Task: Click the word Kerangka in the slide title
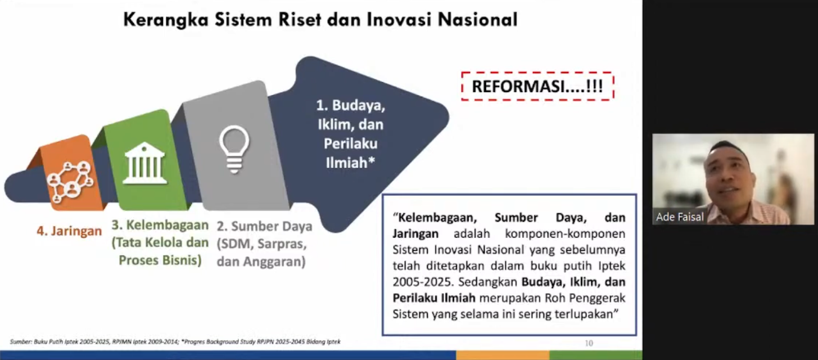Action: [x=166, y=20]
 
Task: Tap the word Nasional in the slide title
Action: [x=477, y=20]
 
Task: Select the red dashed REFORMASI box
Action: [x=537, y=86]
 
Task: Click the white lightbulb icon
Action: [x=234, y=149]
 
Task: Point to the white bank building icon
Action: [x=144, y=163]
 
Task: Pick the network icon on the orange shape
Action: [x=70, y=182]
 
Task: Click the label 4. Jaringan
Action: [x=69, y=231]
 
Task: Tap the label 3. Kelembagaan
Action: [x=160, y=225]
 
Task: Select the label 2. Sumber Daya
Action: [x=264, y=226]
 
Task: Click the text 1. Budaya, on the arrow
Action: [x=351, y=106]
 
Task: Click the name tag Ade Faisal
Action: [x=680, y=217]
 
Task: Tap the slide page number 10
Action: [x=589, y=343]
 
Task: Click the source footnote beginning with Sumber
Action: [x=175, y=342]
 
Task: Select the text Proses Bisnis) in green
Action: [x=160, y=260]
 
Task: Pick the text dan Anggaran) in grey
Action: [x=261, y=262]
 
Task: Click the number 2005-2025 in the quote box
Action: [x=423, y=282]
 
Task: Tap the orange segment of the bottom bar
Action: [x=503, y=355]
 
